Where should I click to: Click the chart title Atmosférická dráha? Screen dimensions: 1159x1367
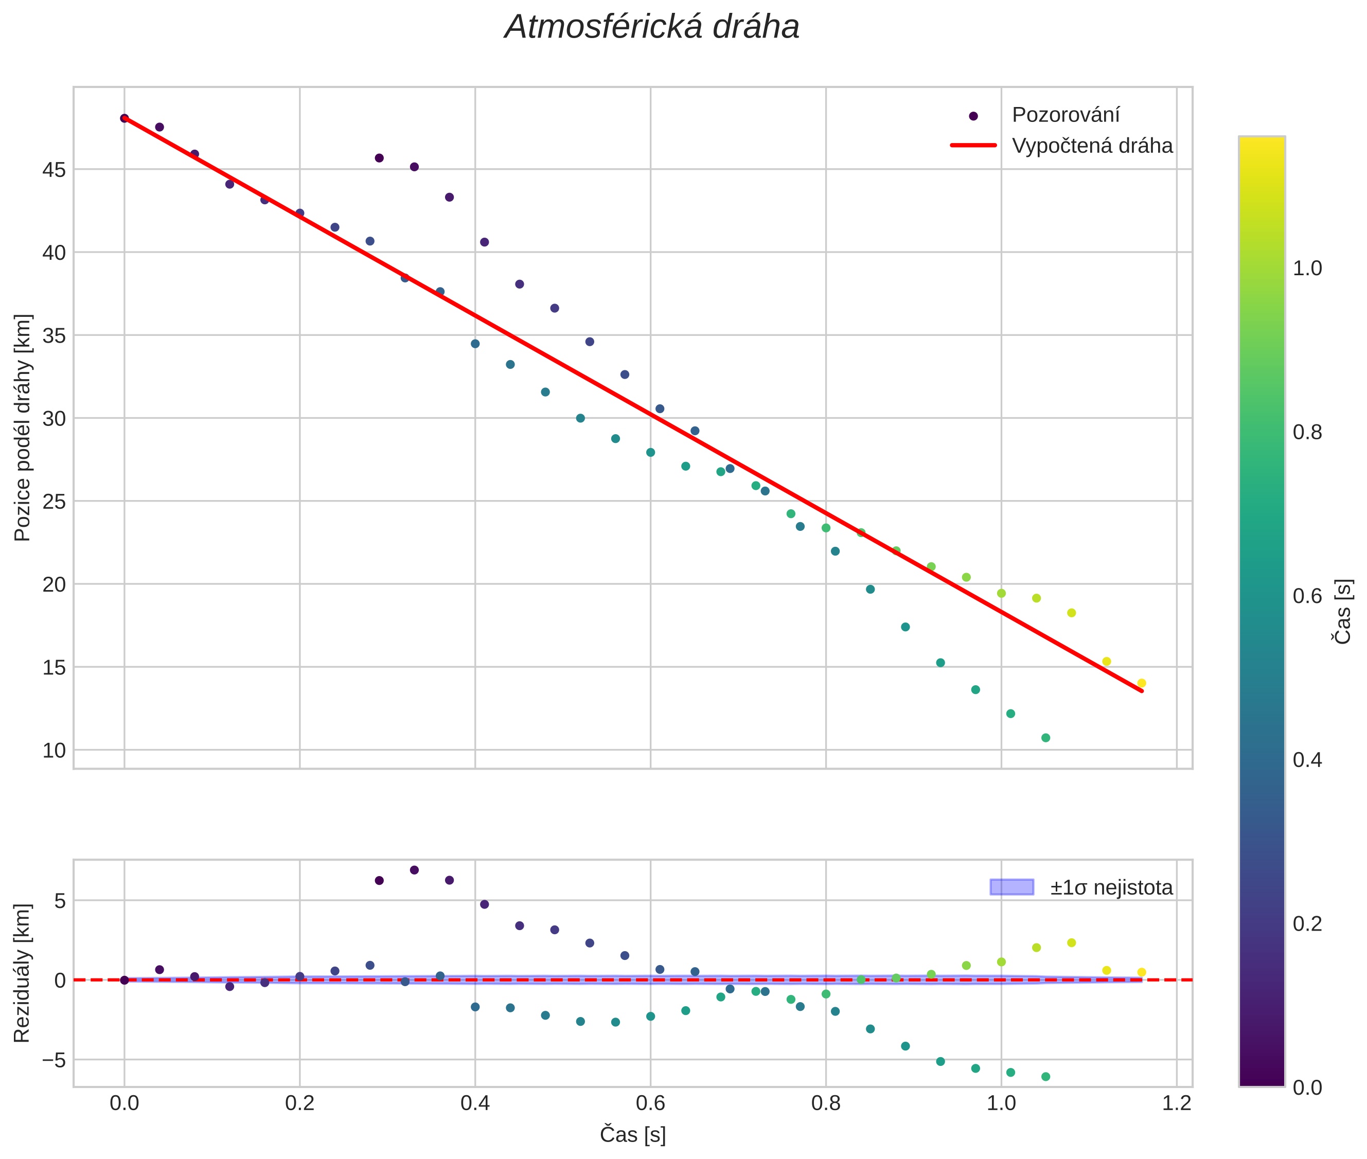pyautogui.click(x=651, y=28)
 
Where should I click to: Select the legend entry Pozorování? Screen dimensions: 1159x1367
pyautogui.click(x=1064, y=115)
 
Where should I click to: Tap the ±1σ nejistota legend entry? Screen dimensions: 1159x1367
pyautogui.click(x=1111, y=888)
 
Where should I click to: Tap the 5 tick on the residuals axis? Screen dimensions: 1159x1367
pyautogui.click(x=60, y=901)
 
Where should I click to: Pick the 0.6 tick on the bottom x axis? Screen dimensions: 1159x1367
pyautogui.click(x=650, y=1103)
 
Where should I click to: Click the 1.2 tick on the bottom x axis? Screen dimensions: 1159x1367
pyautogui.click(x=1177, y=1103)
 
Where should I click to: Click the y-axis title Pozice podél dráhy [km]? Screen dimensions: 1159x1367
pyautogui.click(x=23, y=427)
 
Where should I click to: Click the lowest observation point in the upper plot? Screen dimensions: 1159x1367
pyautogui.click(x=1045, y=738)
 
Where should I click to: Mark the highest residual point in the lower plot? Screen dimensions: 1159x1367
pyautogui.click(x=414, y=870)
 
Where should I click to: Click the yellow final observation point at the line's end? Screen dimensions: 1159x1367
pyautogui.click(x=1142, y=683)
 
